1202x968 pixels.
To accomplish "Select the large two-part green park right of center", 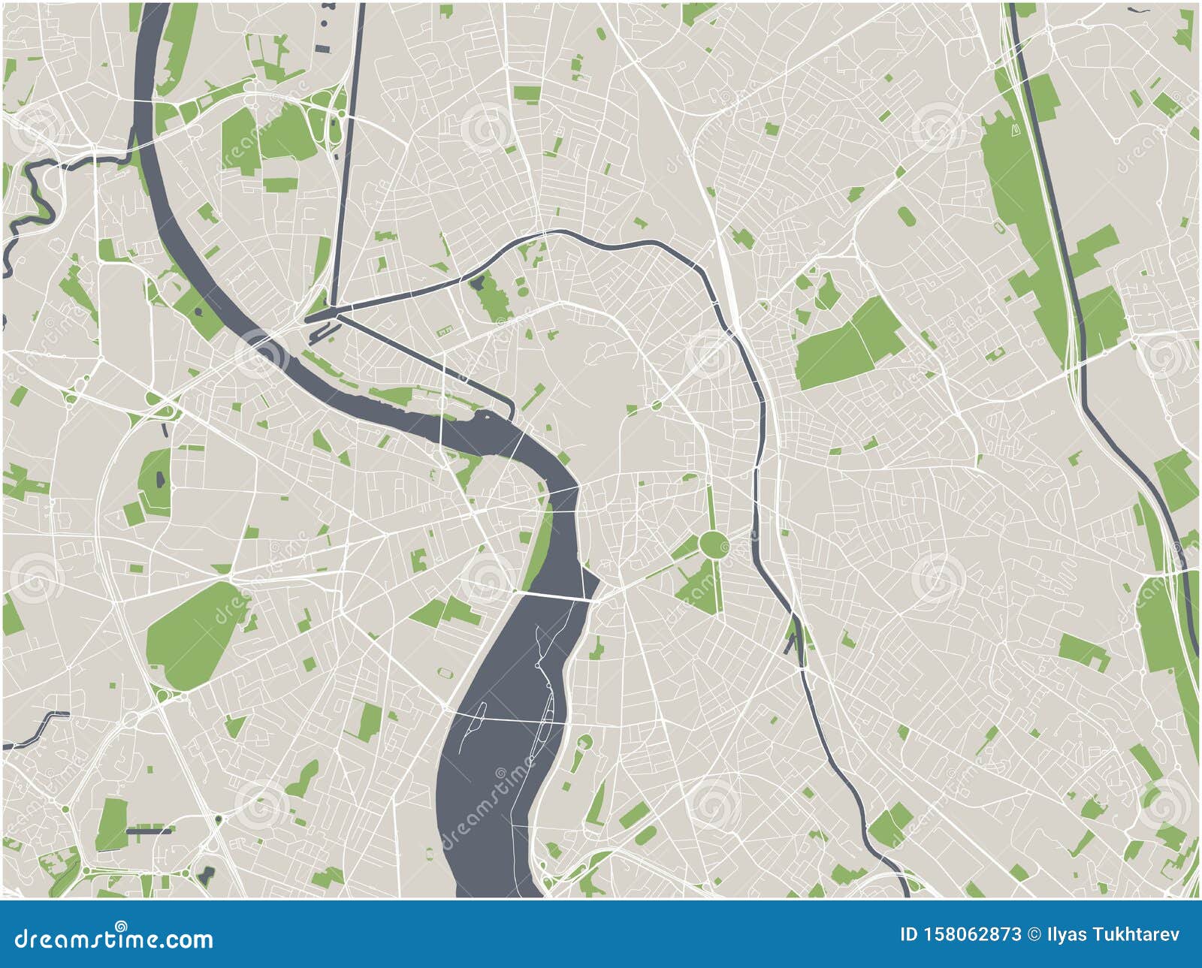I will tap(849, 343).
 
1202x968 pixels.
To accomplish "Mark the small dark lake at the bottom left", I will tap(207, 873).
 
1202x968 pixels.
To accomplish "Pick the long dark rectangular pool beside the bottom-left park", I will tap(149, 831).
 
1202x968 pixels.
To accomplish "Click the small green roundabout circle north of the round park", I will tap(657, 406).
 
